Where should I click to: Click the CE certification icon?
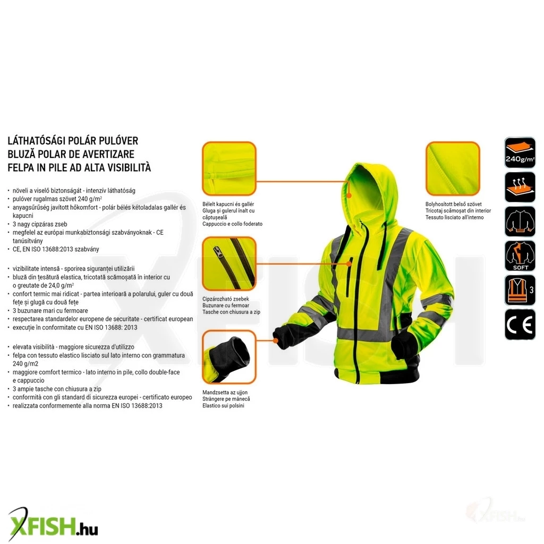tap(520, 325)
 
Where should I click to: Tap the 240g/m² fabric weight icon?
tap(520, 152)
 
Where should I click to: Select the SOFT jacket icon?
tap(520, 256)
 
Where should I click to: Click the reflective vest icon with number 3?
tap(520, 290)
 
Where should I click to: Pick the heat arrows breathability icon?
tap(520, 187)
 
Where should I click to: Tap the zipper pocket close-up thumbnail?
tap(229, 263)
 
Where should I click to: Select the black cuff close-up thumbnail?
tap(229, 357)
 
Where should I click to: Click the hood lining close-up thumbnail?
tap(229, 168)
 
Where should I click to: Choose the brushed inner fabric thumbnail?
tap(453, 168)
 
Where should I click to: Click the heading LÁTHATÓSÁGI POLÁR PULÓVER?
tap(73, 141)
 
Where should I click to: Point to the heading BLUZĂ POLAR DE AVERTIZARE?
tap(71, 154)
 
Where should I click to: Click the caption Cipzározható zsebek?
tap(225, 299)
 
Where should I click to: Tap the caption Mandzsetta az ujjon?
tap(225, 393)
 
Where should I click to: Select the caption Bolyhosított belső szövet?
tap(454, 205)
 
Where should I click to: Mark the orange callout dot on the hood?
tap(349, 195)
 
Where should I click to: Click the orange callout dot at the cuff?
tap(276, 341)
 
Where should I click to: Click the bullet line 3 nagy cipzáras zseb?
tap(40, 224)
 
